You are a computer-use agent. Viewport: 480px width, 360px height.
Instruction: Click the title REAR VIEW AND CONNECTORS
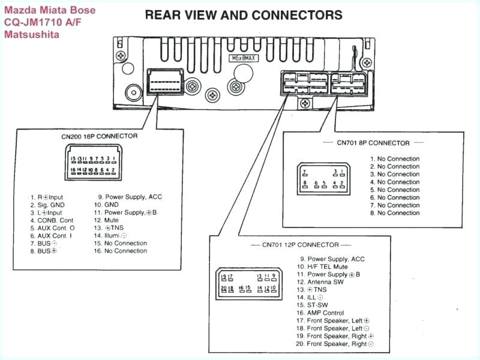tap(243, 15)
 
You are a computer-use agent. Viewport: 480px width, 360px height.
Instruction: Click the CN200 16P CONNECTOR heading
tap(99, 136)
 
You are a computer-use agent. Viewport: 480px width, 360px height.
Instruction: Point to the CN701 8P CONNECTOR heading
tap(373, 143)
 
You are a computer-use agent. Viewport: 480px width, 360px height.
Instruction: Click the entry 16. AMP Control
tap(319, 313)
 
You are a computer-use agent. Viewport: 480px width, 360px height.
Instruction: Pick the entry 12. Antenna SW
tap(320, 282)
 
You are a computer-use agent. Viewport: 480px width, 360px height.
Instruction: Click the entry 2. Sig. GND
tap(50, 205)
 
